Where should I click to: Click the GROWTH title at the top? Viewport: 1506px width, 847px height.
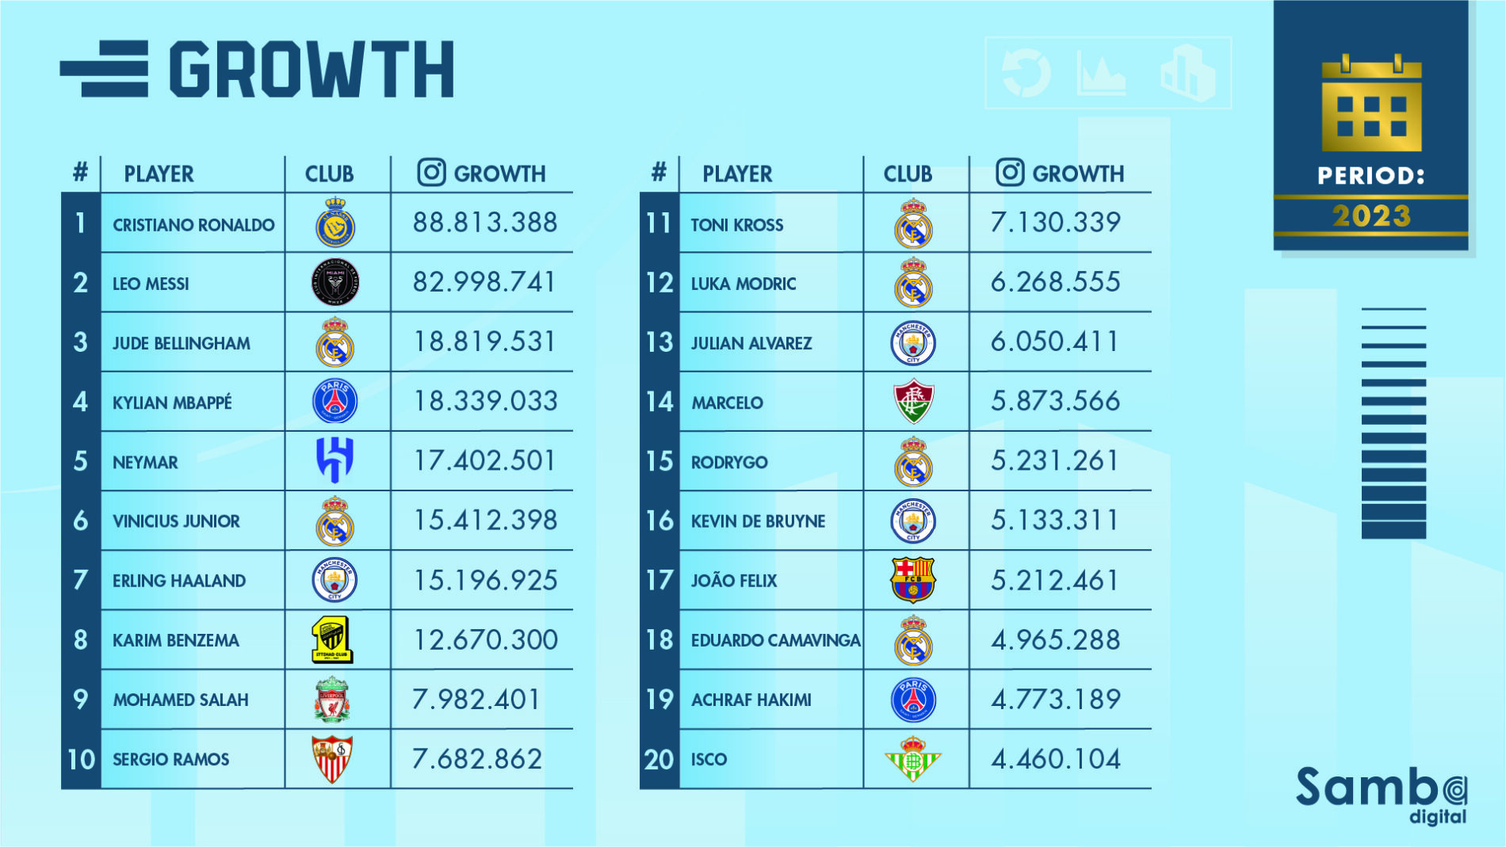coord(312,70)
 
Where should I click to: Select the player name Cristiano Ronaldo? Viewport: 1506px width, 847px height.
coord(193,225)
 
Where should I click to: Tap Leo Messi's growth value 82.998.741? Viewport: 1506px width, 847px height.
coord(484,282)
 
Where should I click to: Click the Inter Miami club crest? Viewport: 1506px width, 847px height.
coord(335,283)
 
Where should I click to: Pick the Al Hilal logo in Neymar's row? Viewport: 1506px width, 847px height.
coord(334,460)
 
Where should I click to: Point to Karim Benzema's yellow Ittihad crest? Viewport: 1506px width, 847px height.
coord(333,640)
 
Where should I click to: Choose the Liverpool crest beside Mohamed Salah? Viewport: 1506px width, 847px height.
coord(332,700)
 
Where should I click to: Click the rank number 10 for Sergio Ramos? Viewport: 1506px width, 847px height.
coord(81,759)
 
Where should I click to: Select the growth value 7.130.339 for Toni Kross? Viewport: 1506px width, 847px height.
coord(1055,223)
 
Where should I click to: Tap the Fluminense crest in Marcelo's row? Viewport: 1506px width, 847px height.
coord(913,402)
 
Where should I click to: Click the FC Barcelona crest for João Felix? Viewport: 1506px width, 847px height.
coord(913,580)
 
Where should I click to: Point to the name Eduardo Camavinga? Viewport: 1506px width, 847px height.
coord(775,640)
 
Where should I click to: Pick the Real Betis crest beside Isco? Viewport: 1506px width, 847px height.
coord(912,759)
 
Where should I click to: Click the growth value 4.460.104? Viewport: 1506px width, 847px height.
coord(1055,759)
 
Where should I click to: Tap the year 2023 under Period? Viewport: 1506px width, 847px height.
coord(1371,216)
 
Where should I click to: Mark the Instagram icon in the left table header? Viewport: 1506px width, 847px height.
coord(431,173)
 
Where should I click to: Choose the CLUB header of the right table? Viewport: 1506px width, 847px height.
coord(908,174)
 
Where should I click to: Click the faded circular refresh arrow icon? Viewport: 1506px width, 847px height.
coord(1026,73)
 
